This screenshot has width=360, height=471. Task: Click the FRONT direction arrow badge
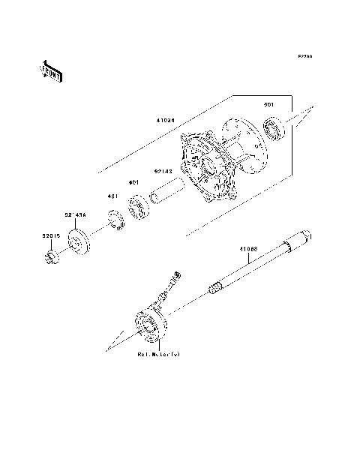tap(52, 70)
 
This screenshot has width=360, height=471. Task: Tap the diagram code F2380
tap(304, 56)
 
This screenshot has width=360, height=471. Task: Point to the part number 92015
tap(50, 235)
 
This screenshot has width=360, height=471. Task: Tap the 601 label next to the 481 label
tap(133, 182)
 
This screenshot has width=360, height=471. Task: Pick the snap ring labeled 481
tap(116, 222)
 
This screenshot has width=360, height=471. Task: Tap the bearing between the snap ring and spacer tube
tap(139, 208)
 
